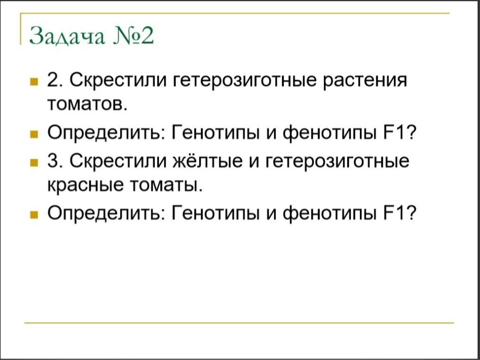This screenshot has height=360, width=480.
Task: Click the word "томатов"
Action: pos(87,105)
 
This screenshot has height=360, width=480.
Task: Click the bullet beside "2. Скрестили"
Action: pos(33,82)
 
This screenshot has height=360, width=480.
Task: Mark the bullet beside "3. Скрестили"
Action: pos(33,162)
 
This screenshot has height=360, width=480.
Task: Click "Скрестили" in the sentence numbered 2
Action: pos(119,81)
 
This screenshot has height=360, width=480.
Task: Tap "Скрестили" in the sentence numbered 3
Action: pos(119,161)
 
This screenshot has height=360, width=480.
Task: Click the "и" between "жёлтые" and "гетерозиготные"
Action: pos(255,162)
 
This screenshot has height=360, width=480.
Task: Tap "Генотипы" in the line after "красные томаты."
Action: pos(215,213)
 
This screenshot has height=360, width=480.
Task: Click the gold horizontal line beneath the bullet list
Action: pos(239,323)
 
